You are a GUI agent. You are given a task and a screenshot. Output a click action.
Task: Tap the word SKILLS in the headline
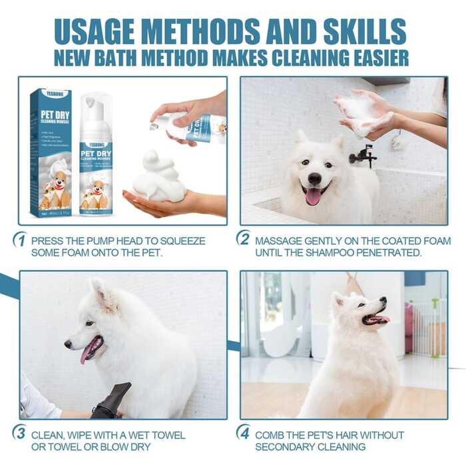365,31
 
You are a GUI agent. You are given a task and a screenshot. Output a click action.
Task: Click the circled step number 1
20,240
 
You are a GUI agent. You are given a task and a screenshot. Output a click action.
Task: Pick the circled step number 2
244,240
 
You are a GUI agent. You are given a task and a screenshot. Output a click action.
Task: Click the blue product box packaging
51,152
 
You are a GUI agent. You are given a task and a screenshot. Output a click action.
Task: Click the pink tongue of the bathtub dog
313,196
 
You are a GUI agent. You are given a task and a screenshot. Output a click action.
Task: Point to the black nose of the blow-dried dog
68,344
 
